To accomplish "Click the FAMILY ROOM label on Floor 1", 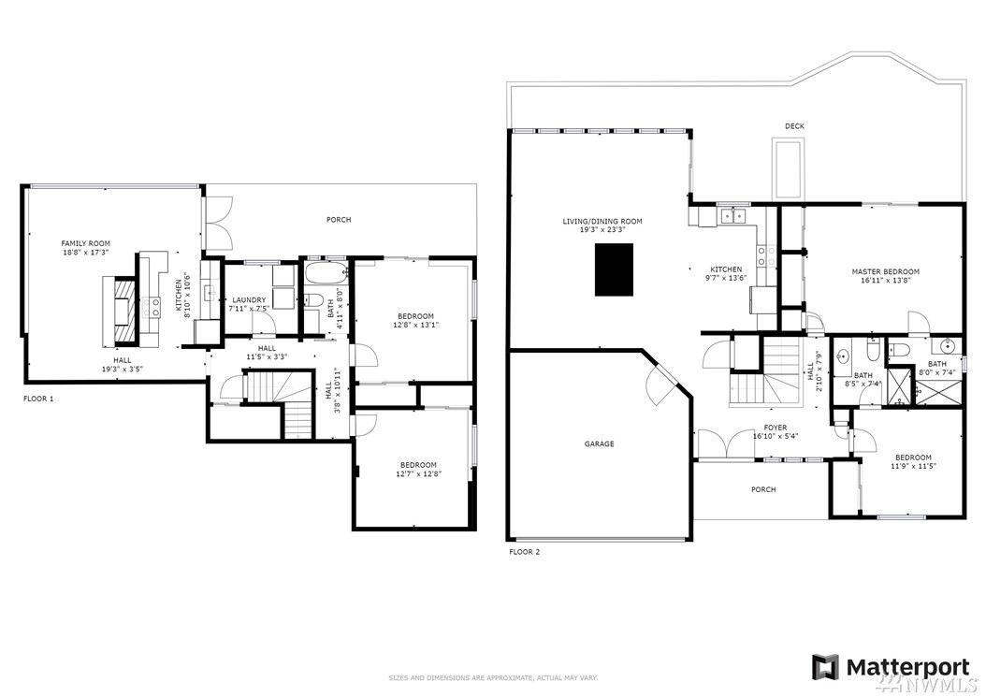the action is pos(85,243).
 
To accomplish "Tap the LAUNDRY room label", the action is pos(249,300).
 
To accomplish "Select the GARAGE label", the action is pos(600,444).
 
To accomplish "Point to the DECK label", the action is pos(795,126).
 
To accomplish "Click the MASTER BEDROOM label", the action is pos(885,271).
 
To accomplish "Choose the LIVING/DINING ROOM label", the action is pos(602,222).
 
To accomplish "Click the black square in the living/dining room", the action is pos(614,269).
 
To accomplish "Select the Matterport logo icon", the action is pos(825,667).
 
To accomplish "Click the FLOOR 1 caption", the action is pos(38,399).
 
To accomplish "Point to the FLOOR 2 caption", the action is pos(525,552).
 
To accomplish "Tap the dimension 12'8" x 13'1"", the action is pos(415,326).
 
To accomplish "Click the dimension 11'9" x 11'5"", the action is pos(914,466).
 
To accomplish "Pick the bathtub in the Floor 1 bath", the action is pos(326,273).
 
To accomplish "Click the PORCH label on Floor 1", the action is pos(339,220).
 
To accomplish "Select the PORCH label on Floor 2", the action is pos(763,489).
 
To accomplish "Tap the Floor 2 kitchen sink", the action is pos(732,215).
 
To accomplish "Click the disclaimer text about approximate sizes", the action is pos(493,678).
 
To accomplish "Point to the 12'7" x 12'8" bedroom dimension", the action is pos(419,474).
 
